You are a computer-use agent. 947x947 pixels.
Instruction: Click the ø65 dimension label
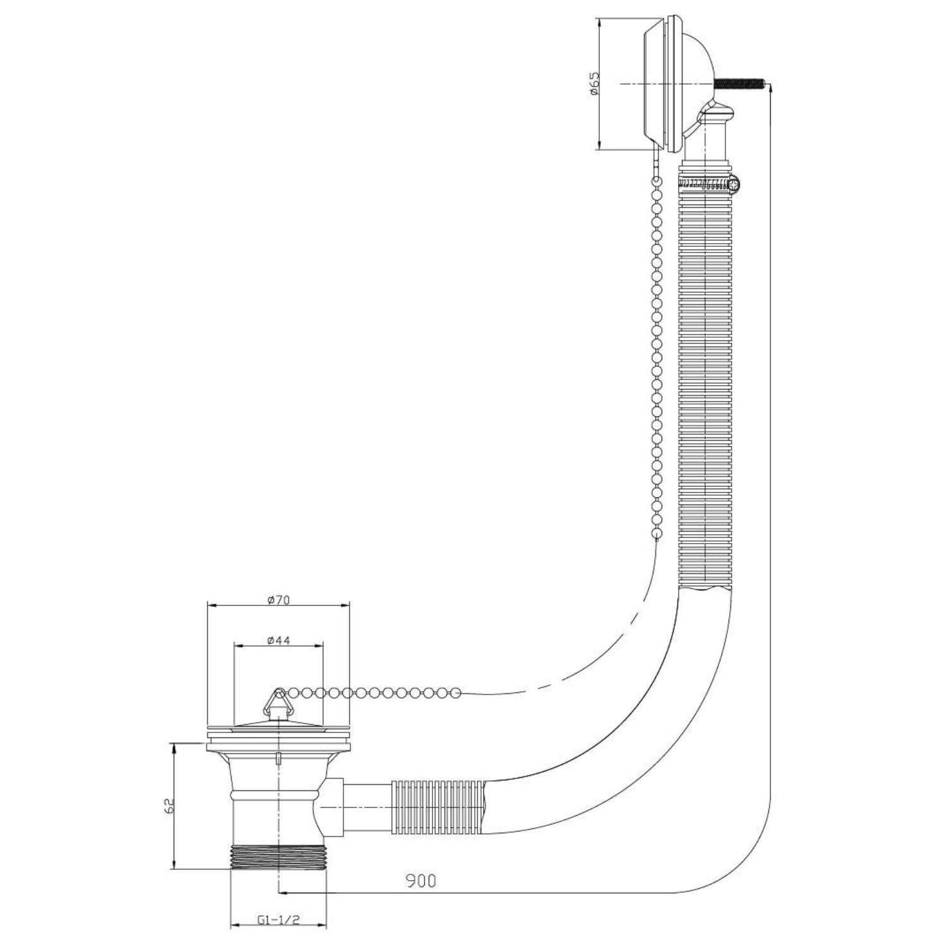click(594, 84)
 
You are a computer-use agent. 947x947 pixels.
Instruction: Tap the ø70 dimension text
click(278, 600)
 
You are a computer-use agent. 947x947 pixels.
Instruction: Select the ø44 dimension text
click(278, 640)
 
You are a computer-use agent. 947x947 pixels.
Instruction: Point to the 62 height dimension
click(169, 806)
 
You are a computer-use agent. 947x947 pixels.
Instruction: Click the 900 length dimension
click(420, 880)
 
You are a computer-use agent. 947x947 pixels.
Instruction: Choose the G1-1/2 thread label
click(278, 919)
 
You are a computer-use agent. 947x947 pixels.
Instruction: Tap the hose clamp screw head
click(734, 184)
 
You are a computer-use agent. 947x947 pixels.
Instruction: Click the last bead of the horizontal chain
click(456, 693)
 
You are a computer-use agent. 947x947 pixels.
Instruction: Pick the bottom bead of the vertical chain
click(657, 533)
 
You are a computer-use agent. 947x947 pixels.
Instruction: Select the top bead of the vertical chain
click(657, 181)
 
